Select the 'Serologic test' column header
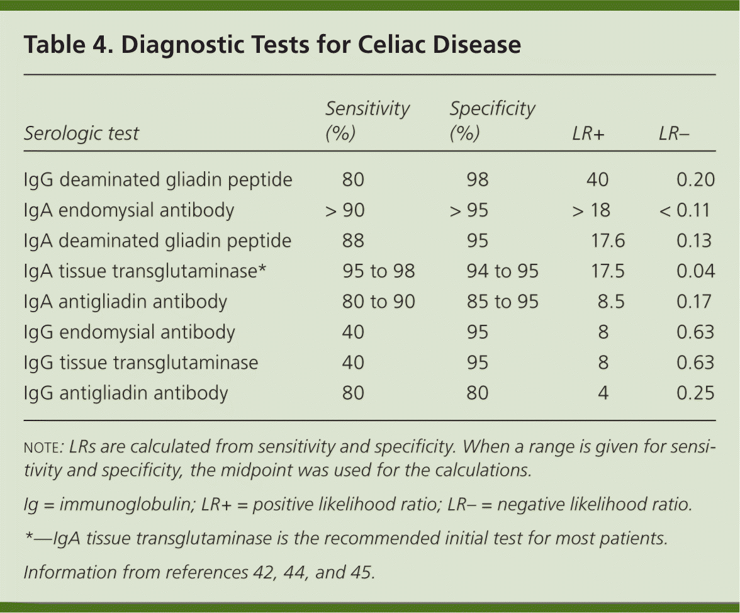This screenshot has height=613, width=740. click(81, 133)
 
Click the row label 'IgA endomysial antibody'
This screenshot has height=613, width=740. click(129, 210)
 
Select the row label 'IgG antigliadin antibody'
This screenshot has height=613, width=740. click(125, 393)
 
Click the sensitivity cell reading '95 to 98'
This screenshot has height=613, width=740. click(379, 271)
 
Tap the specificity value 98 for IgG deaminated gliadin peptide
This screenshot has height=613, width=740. click(478, 180)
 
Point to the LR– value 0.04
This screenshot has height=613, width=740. click(695, 271)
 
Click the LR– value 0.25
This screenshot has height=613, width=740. click(695, 393)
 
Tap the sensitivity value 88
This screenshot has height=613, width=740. click(353, 241)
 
